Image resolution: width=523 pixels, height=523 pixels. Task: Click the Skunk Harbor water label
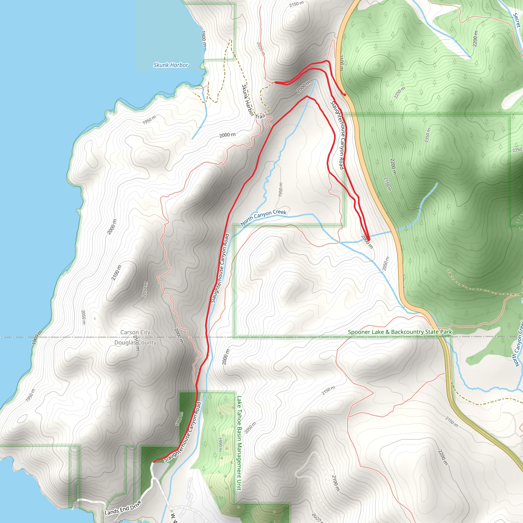pyautogui.click(x=171, y=65)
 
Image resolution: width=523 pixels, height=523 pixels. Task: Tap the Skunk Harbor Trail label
pyautogui.click(x=253, y=102)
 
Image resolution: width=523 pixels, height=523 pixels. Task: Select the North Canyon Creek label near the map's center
pyautogui.click(x=263, y=217)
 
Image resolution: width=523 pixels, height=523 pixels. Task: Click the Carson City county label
pyautogui.click(x=135, y=332)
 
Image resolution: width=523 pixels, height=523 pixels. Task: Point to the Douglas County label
pyautogui.click(x=135, y=342)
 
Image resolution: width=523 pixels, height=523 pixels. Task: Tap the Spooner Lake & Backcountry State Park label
pyautogui.click(x=400, y=332)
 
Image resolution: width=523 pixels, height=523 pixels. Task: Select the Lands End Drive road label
pyautogui.click(x=123, y=508)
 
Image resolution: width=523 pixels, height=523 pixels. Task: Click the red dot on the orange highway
pyautogui.click(x=344, y=95)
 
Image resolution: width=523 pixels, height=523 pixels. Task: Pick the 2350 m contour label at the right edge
pyautogui.click(x=517, y=150)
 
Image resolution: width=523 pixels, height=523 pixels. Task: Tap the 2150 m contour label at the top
pyautogui.click(x=296, y=4)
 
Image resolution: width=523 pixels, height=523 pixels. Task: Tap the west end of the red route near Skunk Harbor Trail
pyautogui.click(x=276, y=82)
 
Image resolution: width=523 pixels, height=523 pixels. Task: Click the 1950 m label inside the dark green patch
pyautogui.click(x=179, y=419)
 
